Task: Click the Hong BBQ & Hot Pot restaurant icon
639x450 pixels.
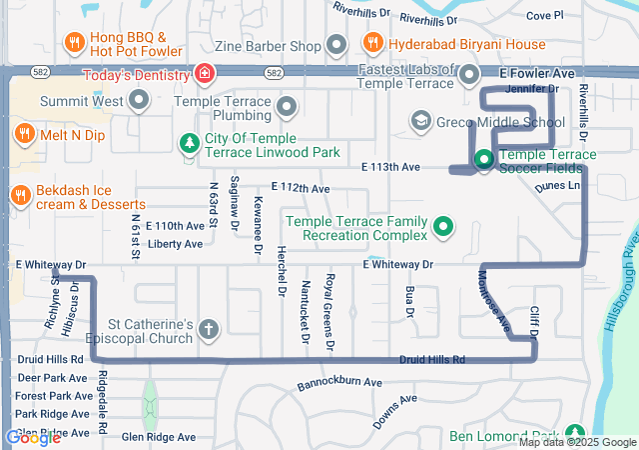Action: click(74, 43)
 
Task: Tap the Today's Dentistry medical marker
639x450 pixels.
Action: click(204, 73)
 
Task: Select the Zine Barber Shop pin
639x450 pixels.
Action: click(336, 45)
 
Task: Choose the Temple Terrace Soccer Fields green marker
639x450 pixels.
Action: click(483, 159)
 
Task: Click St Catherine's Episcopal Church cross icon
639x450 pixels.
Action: click(209, 329)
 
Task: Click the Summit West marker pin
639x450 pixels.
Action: click(138, 100)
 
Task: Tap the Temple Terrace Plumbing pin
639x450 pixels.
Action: click(287, 107)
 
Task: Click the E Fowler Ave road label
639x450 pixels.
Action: click(537, 74)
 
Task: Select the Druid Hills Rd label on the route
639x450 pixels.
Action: click(432, 359)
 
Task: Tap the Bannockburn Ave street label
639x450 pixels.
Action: click(339, 384)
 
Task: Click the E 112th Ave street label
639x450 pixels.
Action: click(300, 188)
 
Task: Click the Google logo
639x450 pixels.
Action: click(33, 437)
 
